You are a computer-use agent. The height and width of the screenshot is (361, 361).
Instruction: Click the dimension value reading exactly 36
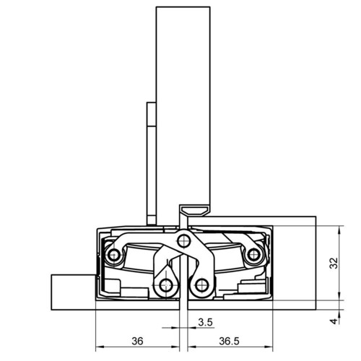137,341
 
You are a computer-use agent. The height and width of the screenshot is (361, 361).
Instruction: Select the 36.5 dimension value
229,341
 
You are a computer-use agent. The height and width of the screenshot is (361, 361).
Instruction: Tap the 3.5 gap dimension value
206,322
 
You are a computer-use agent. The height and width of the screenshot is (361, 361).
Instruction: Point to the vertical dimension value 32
334,264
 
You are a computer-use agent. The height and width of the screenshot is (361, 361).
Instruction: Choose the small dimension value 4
334,321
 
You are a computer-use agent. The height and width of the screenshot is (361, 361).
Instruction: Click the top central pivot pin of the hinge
184,241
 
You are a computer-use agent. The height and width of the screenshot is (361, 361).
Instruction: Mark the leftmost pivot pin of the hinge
114,255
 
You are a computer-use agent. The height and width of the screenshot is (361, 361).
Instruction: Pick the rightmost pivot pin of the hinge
253,255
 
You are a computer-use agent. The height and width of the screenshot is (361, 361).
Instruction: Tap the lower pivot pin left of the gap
166,285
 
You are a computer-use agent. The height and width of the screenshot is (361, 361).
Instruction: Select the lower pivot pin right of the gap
201,285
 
